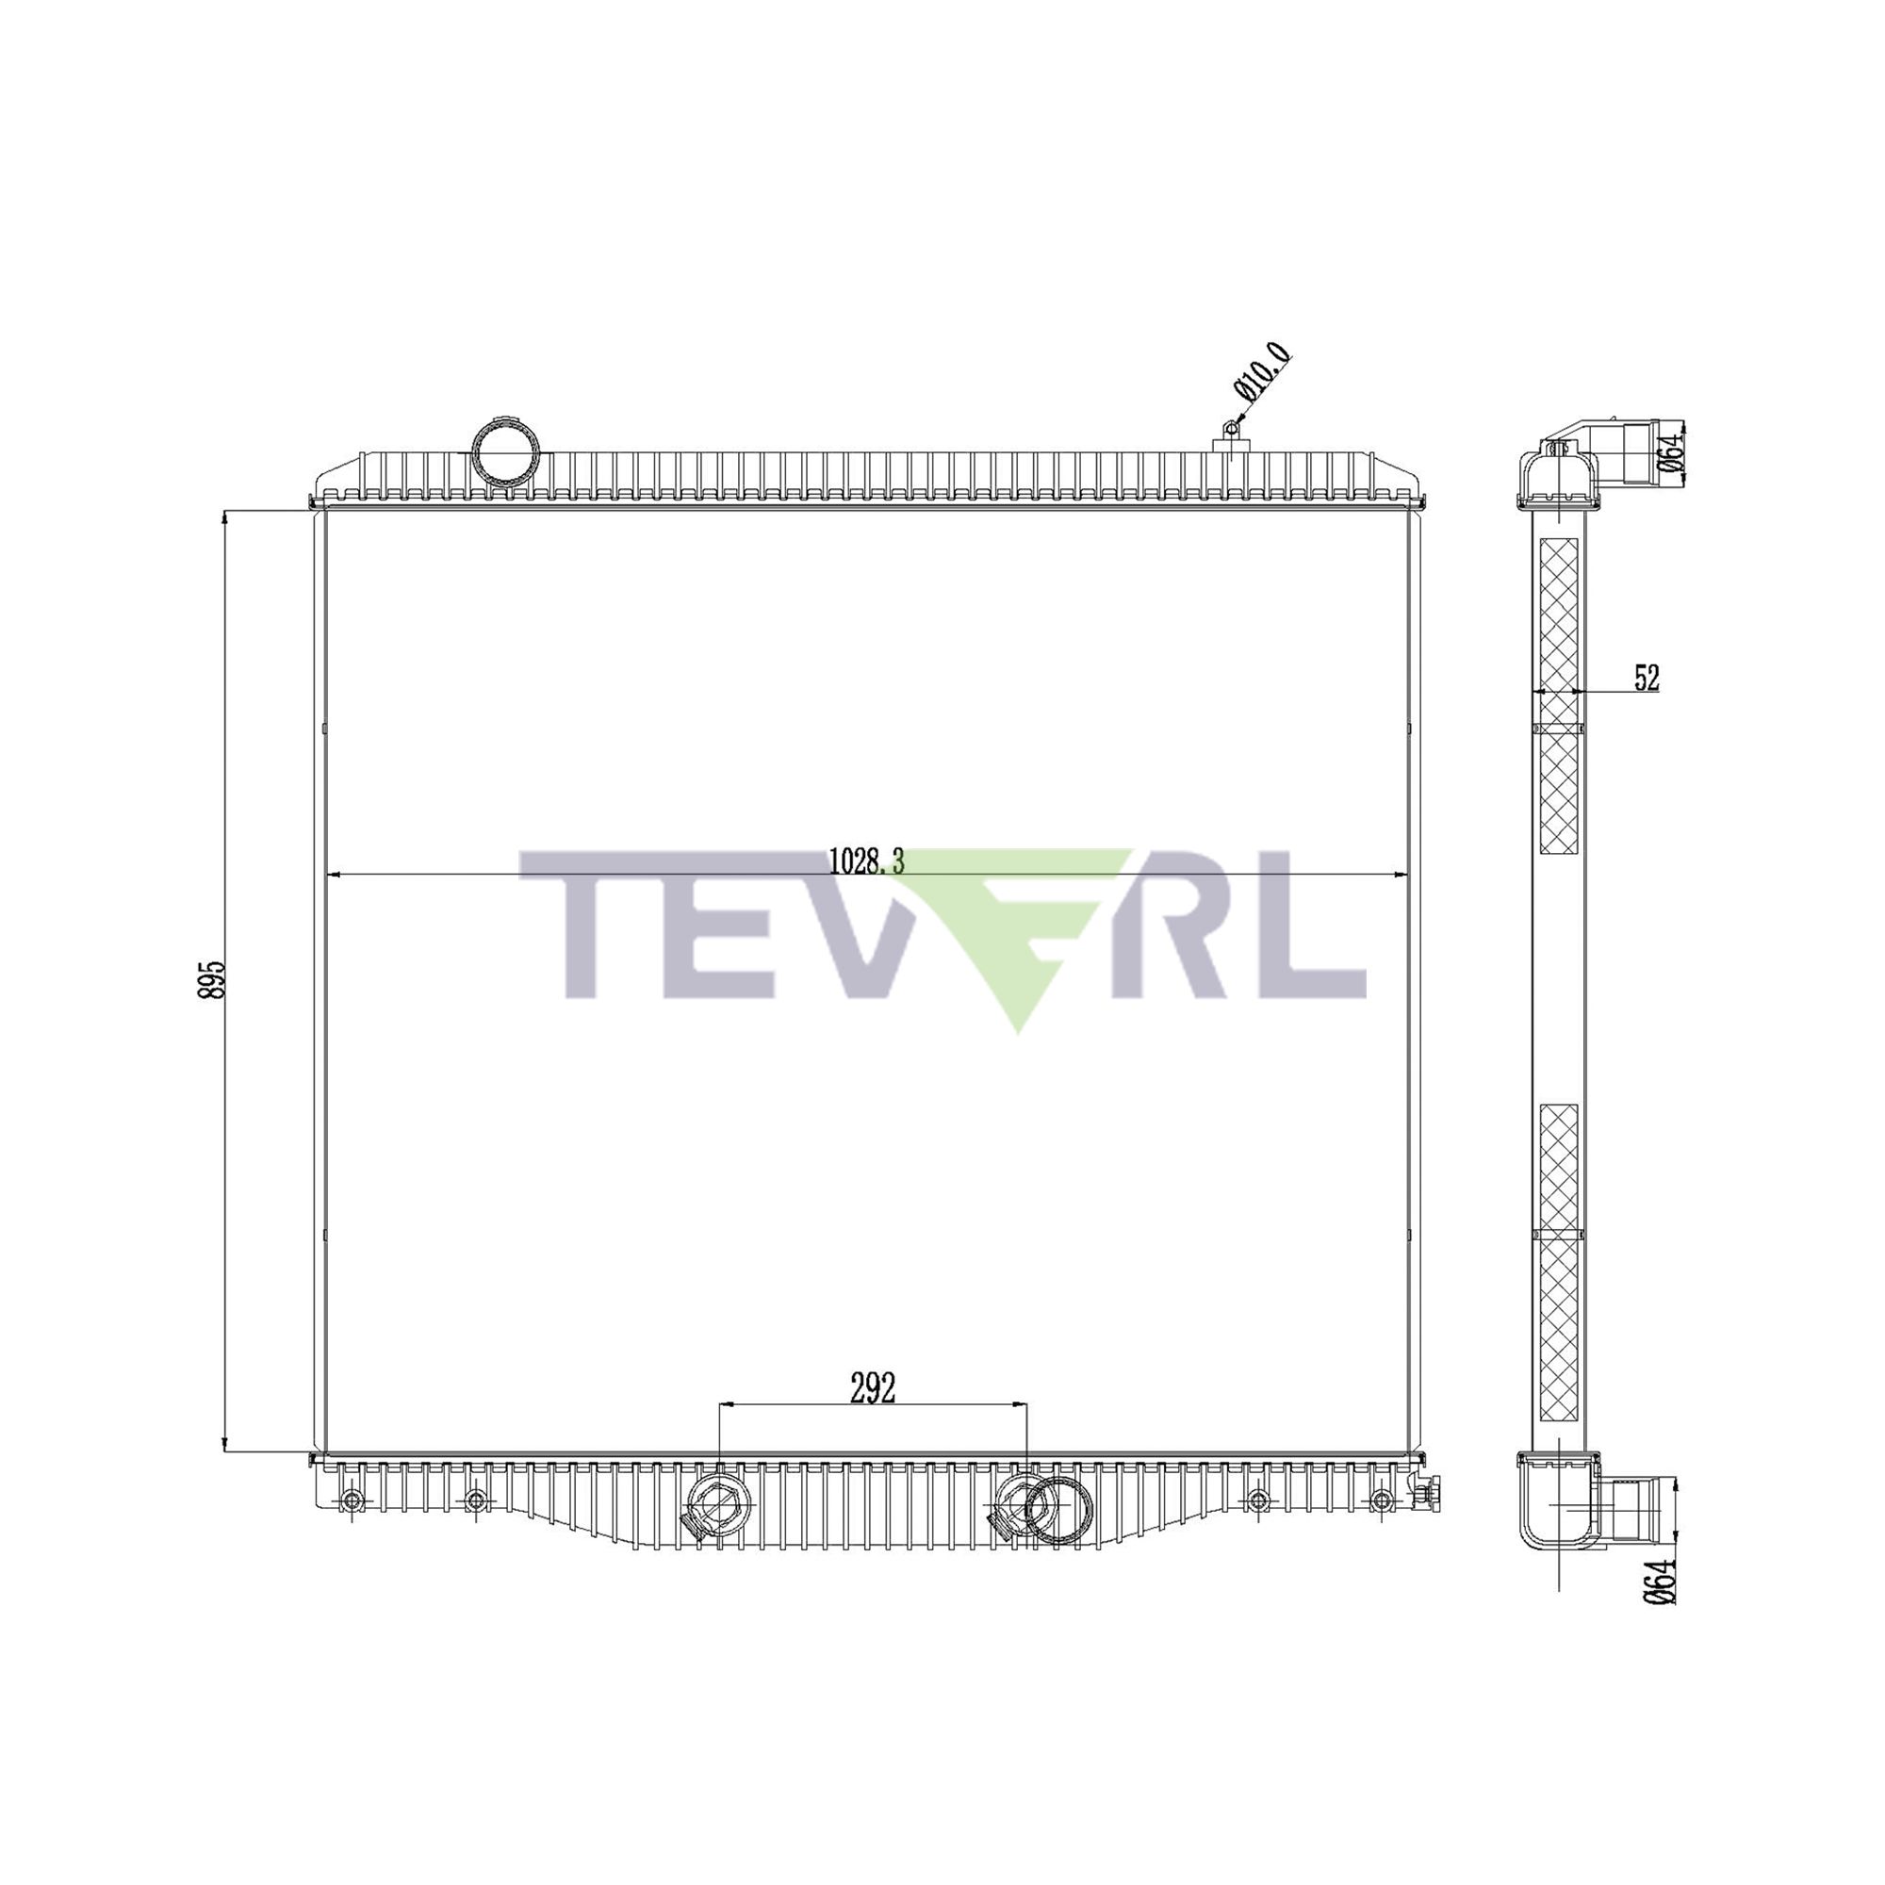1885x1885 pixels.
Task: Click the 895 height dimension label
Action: [212, 978]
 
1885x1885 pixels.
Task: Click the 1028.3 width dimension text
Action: [866, 861]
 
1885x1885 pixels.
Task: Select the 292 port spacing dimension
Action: [872, 1389]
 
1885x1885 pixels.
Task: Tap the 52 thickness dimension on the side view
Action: [1646, 677]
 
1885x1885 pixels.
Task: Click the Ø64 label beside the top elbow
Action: [1672, 451]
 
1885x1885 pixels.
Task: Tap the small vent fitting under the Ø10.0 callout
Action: [1231, 437]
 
